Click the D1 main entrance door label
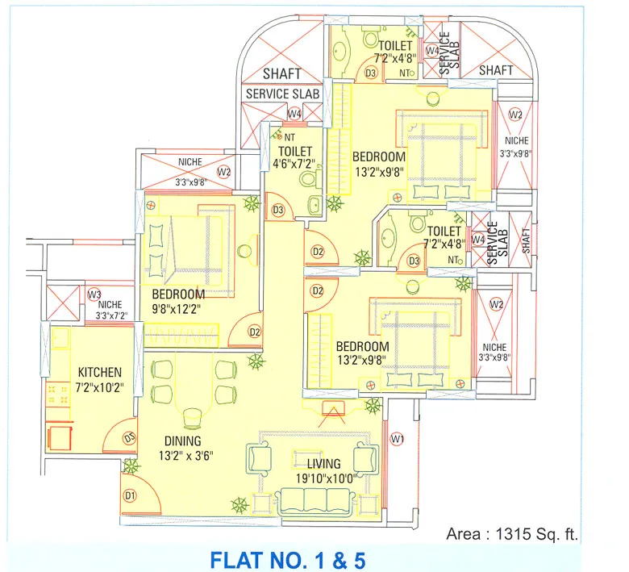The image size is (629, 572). [129, 495]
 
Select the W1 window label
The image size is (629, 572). [396, 439]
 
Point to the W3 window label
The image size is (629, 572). [95, 294]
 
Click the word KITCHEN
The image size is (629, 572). [99, 372]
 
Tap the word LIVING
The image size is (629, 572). [323, 464]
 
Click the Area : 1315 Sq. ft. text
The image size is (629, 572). [513, 533]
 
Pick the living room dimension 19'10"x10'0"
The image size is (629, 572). [323, 478]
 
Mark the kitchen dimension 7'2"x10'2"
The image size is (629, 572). [99, 386]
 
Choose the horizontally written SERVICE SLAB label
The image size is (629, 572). [282, 94]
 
